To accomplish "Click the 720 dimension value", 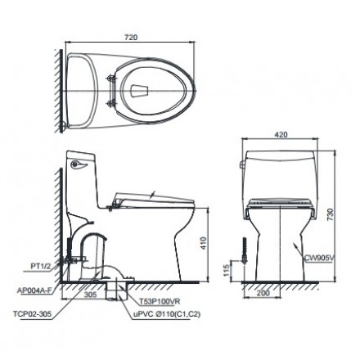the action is click(131, 38).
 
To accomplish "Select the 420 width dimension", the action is click(281, 134).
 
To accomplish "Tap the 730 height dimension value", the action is click(330, 214).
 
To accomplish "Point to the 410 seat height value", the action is click(204, 244).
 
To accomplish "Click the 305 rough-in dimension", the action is click(90, 295).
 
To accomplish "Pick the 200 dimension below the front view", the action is click(263, 293).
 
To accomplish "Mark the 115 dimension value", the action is click(227, 270).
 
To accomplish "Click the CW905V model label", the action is click(319, 258).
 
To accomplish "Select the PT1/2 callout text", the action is click(41, 267).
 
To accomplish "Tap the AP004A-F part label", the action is click(34, 290).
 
